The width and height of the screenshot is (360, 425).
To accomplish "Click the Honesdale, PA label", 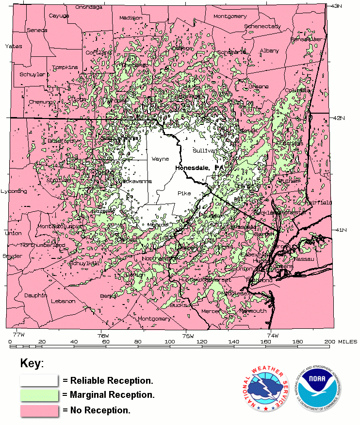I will pyautogui.click(x=199, y=168).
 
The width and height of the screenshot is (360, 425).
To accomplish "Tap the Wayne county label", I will pyautogui.click(x=160, y=159).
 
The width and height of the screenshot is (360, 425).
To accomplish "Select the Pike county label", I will pyautogui.click(x=184, y=193).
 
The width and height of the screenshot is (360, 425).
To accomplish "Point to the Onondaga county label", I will pyautogui.click(x=88, y=7).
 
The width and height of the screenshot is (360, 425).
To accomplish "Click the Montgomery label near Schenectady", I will pyautogui.click(x=230, y=16).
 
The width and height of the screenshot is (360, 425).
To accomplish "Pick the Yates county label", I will pyautogui.click(x=14, y=46).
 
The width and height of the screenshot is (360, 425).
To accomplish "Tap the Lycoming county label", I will pyautogui.click(x=14, y=191).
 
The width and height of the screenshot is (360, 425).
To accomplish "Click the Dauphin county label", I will pyautogui.click(x=36, y=295).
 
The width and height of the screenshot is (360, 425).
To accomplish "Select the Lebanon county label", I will pyautogui.click(x=63, y=301).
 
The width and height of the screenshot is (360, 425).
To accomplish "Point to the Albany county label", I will pyautogui.click(x=269, y=51).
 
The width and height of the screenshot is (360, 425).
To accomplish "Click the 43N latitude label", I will pyautogui.click(x=336, y=6).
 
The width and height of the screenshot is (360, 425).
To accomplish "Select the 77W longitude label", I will pyautogui.click(x=18, y=335).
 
